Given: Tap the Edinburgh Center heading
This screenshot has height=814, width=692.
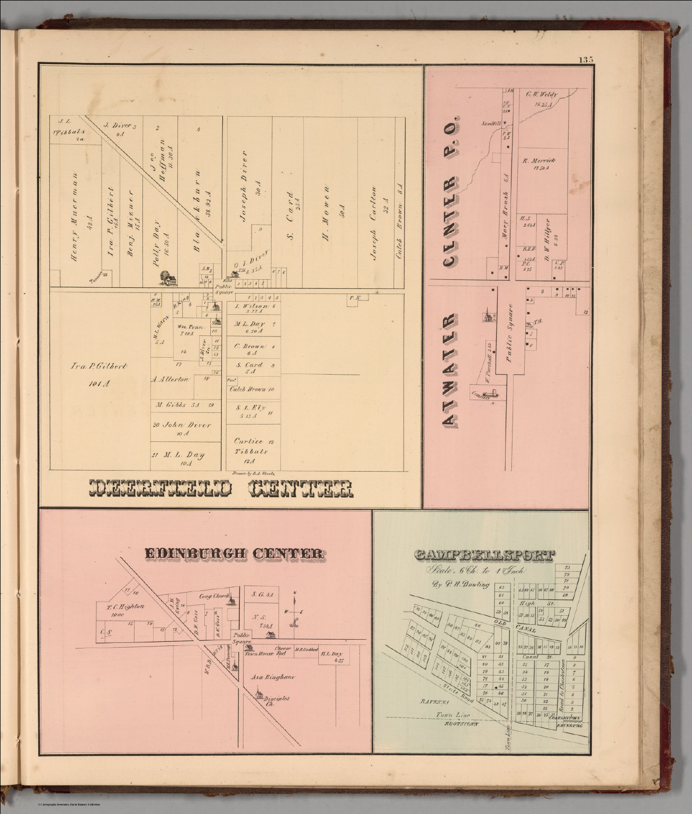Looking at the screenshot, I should coord(234,553).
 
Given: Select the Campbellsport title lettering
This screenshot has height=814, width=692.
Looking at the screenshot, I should coord(484,555).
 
